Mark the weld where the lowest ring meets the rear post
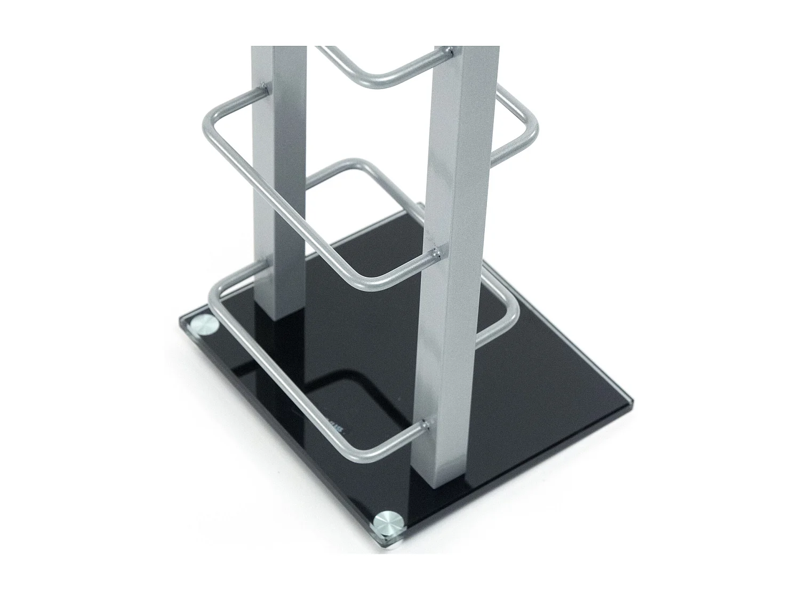pos(265,262)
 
